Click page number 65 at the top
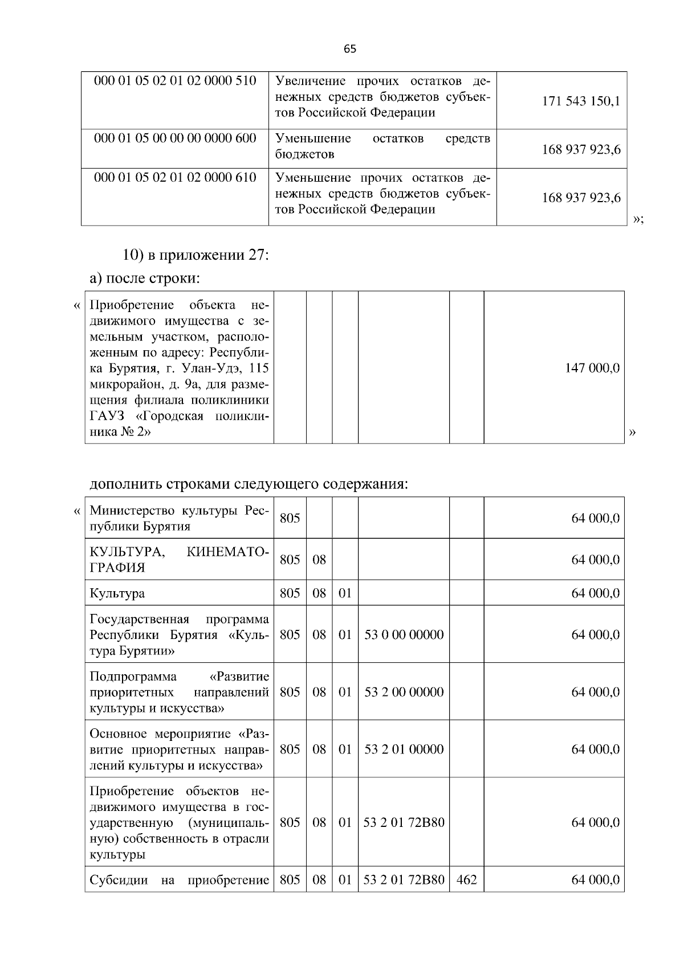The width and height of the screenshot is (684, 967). tap(349, 50)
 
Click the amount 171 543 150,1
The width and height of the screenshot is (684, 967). tap(581, 102)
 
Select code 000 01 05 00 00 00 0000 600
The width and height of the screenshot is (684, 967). tap(175, 138)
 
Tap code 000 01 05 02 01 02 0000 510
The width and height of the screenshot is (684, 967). tap(175, 80)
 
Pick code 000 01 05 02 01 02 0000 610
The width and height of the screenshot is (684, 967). tap(175, 177)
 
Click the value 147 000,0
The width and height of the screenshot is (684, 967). tap(592, 368)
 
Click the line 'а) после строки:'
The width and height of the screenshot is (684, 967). tap(145, 279)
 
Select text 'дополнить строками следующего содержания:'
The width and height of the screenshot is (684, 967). tap(249, 485)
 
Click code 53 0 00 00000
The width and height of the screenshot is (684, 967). tap(404, 634)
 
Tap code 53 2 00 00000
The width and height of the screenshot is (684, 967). tap(404, 692)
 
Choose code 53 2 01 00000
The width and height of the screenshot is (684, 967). tap(404, 749)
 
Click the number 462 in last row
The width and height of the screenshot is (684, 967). tap(466, 880)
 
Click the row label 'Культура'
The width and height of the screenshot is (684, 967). tap(117, 593)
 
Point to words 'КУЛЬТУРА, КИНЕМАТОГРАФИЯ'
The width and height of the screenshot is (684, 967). tap(179, 559)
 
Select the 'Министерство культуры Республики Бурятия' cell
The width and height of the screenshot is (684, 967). tap(179, 518)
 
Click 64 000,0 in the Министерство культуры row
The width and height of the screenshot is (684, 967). tap(595, 518)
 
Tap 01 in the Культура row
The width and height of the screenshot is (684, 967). tap(345, 593)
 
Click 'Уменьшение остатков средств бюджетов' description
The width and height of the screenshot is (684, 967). tap(382, 146)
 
